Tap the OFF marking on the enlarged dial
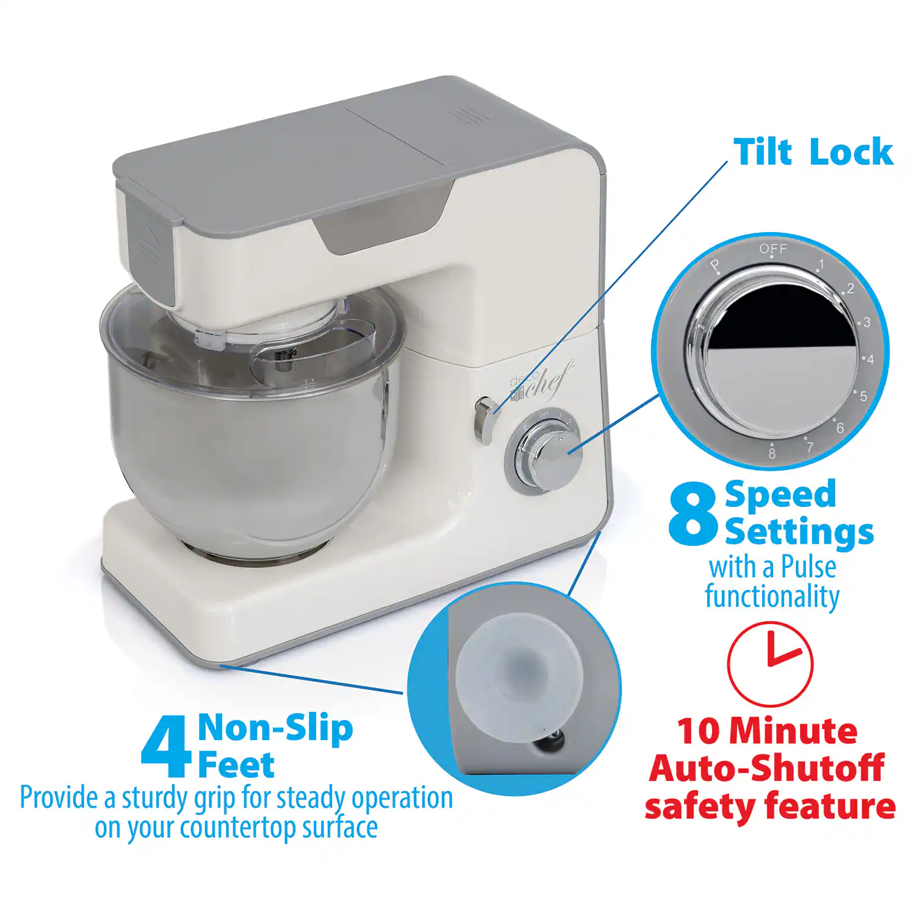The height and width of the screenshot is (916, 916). click(x=772, y=249)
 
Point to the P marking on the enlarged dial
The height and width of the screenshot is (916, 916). click(x=715, y=266)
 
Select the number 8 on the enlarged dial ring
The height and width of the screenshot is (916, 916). click(x=772, y=453)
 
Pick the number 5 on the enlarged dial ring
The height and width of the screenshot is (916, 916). click(x=863, y=396)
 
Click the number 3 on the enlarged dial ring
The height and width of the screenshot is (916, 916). click(x=866, y=322)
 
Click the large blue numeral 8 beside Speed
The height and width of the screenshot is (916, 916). click(x=692, y=514)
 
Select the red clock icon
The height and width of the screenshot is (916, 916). click(x=770, y=664)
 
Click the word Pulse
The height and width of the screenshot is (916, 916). click(x=809, y=567)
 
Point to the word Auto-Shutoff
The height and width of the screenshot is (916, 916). click(x=766, y=768)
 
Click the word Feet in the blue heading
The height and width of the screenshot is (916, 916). click(x=236, y=765)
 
